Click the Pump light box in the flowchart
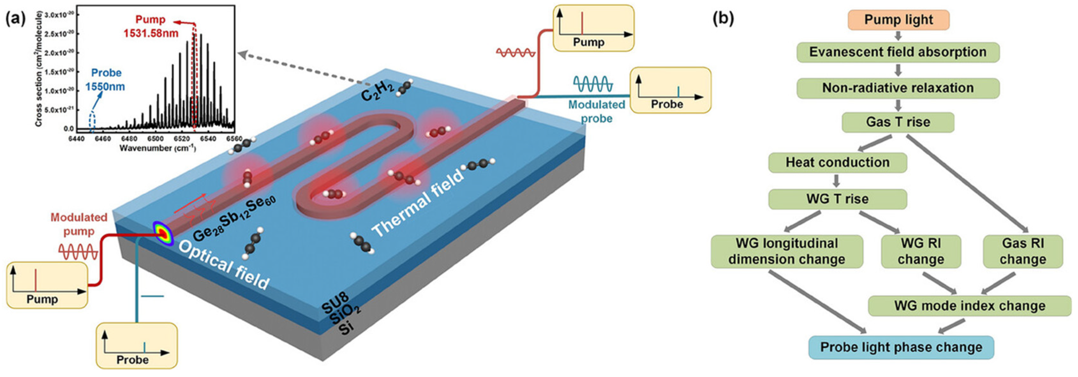pyautogui.click(x=898, y=20)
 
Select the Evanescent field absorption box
pyautogui.click(x=898, y=52)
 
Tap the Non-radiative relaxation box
pyautogui.click(x=898, y=88)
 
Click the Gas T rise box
pyautogui.click(x=898, y=122)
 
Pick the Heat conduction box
pyautogui.click(x=837, y=162)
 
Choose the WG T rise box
pyautogui.click(x=837, y=199)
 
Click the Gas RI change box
pyautogui.click(x=1022, y=251)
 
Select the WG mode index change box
pyautogui.click(x=970, y=306)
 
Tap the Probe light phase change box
pyautogui.click(x=901, y=347)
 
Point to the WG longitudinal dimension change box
pyautogui.click(x=787, y=251)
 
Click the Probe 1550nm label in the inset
pyautogui.click(x=105, y=79)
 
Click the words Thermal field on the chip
pyautogui.click(x=419, y=204)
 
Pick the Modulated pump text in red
pyautogui.click(x=79, y=224)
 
